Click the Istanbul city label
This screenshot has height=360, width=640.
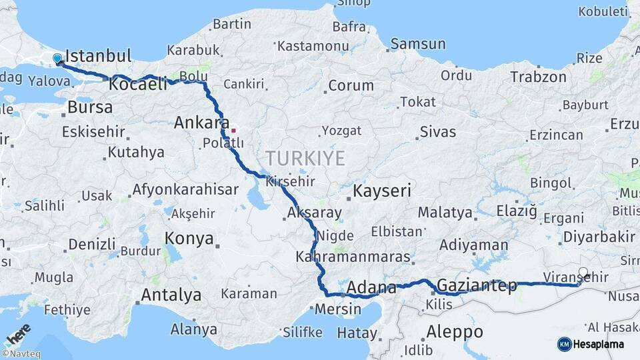tap(99, 55)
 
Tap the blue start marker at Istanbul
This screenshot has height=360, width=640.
tap(57, 59)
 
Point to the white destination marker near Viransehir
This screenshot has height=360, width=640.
tap(583, 273)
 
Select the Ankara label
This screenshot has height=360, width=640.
tap(197, 123)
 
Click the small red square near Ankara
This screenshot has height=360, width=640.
tap(233, 130)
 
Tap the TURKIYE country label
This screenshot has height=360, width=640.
tap(306, 158)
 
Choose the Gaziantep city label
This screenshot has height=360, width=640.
tap(477, 286)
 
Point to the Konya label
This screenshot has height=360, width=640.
tap(189, 239)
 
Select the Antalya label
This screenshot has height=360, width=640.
tap(171, 295)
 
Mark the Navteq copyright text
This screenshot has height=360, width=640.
tap(21, 354)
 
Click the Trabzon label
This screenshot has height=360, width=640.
tap(538, 77)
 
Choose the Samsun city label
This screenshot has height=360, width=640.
tap(418, 44)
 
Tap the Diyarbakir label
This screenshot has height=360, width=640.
tap(599, 237)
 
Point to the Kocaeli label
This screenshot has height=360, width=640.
tap(138, 84)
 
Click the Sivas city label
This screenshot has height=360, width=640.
tap(438, 131)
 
